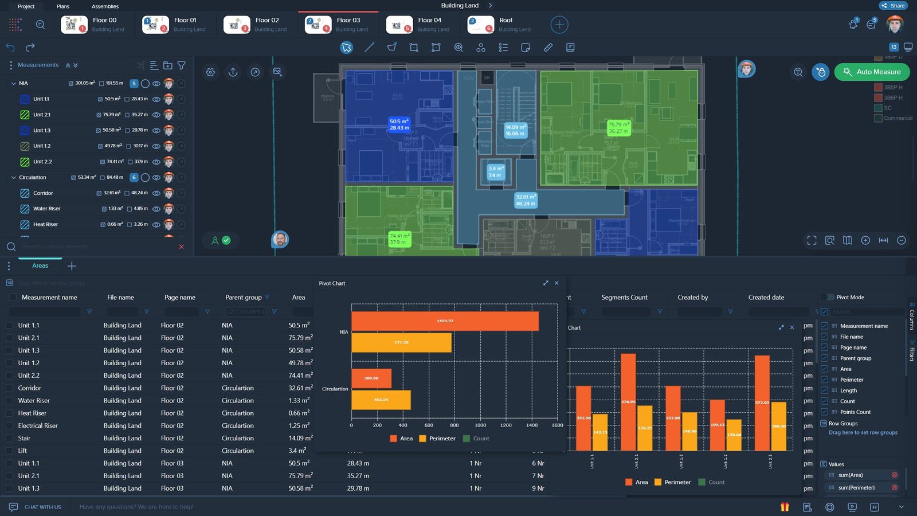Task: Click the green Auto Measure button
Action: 872,72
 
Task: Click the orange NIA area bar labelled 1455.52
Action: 445,321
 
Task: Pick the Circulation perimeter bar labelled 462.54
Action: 381,400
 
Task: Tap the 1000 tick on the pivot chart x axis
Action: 480,425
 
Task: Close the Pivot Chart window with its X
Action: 557,283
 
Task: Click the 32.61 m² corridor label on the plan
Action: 526,200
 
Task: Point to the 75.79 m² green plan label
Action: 618,128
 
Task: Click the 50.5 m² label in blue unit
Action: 399,124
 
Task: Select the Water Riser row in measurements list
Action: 47,209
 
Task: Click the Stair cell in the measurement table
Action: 24,438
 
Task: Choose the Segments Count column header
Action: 624,298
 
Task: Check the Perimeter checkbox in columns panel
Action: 825,380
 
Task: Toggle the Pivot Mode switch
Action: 827,297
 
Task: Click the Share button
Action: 893,6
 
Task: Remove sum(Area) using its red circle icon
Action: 894,475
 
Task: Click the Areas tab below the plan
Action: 40,265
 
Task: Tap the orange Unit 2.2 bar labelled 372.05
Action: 762,402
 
